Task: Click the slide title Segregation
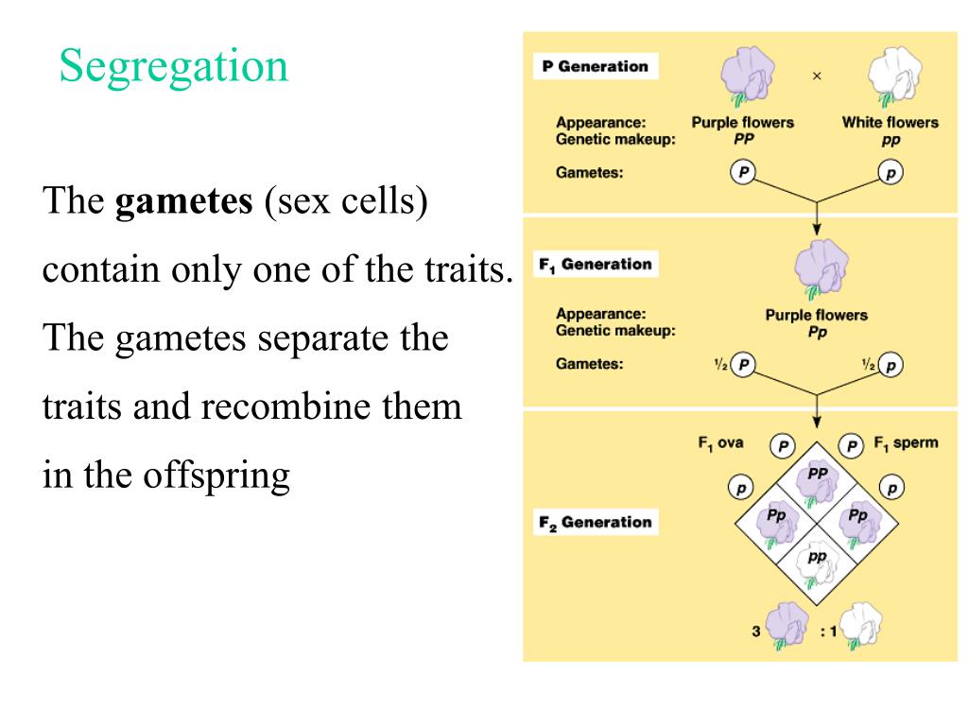[174, 66]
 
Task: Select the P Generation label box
[596, 67]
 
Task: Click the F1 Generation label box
[596, 265]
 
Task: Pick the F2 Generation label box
[596, 523]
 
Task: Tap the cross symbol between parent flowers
[817, 77]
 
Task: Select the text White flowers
[890, 122]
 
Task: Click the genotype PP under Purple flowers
[743, 139]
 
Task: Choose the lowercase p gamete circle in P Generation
[890, 173]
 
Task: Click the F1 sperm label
[906, 442]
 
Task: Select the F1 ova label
[721, 442]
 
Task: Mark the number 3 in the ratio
[756, 631]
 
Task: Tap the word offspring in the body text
[216, 475]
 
